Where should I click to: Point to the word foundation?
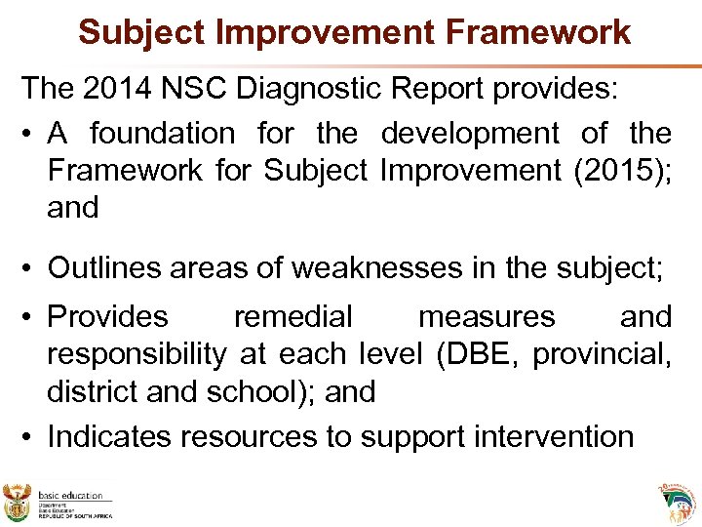163,133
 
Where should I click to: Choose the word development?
470,133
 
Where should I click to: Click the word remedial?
292,317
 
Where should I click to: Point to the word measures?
486,317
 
